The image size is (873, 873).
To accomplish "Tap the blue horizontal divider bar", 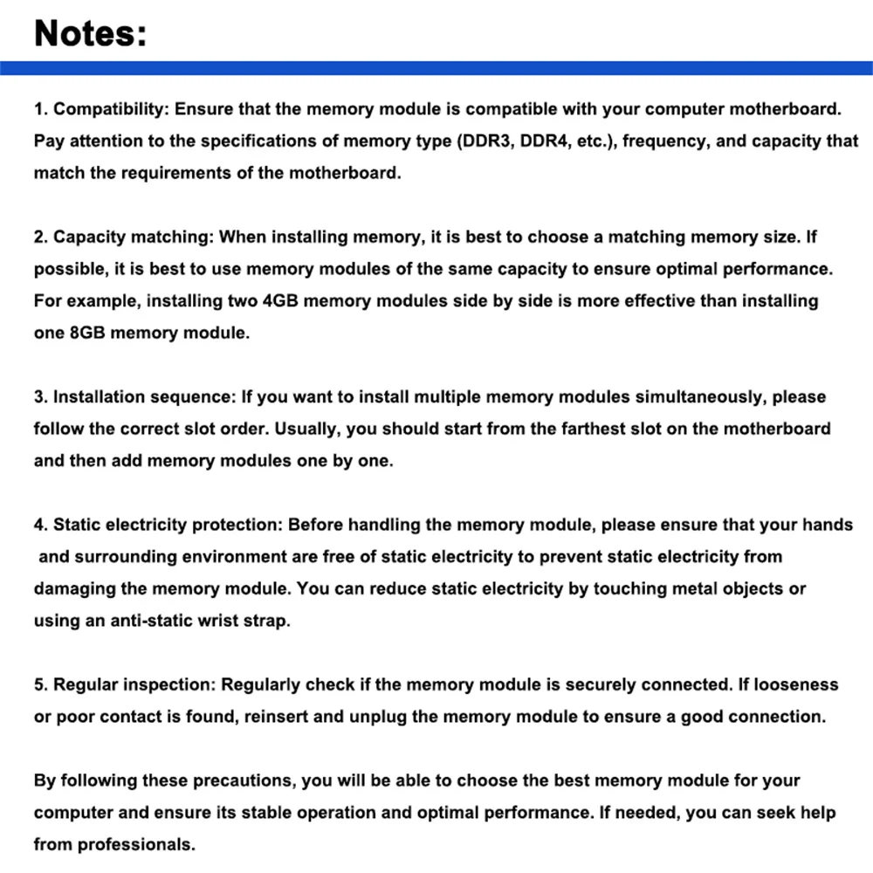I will pos(436,68).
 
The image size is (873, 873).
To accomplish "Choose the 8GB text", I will pos(87,333).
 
